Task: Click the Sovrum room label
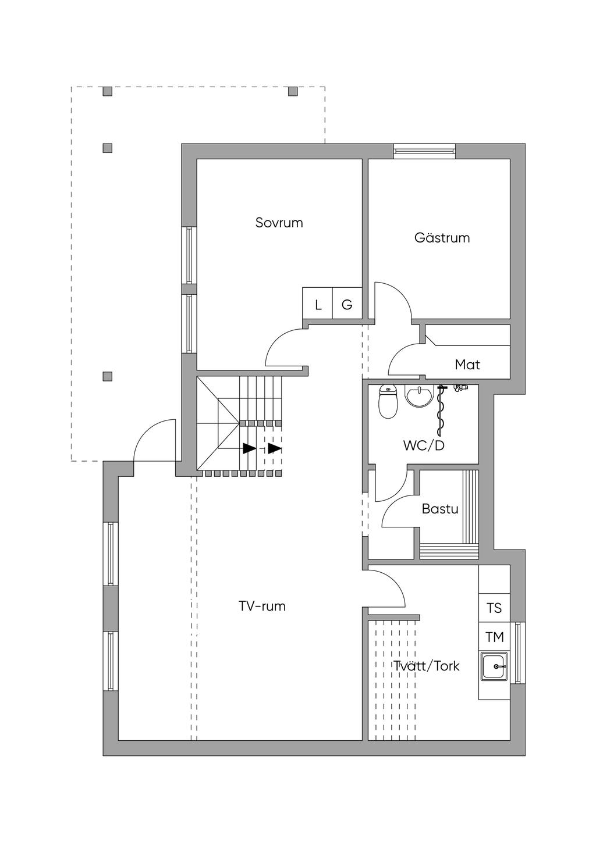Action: point(279,223)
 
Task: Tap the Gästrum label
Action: point(442,238)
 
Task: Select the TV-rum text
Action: point(262,606)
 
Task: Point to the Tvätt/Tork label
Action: point(427,666)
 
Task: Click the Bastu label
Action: point(440,509)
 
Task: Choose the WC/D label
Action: point(424,446)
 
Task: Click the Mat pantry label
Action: point(467,365)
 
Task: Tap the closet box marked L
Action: point(318,304)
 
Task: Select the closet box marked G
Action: point(347,304)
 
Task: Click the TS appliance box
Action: point(494,608)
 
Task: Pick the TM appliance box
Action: point(494,637)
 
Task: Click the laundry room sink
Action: point(494,666)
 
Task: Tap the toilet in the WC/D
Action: point(387,402)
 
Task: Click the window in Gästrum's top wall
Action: point(424,151)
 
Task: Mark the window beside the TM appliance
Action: point(519,652)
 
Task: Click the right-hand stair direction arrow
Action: point(274,449)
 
